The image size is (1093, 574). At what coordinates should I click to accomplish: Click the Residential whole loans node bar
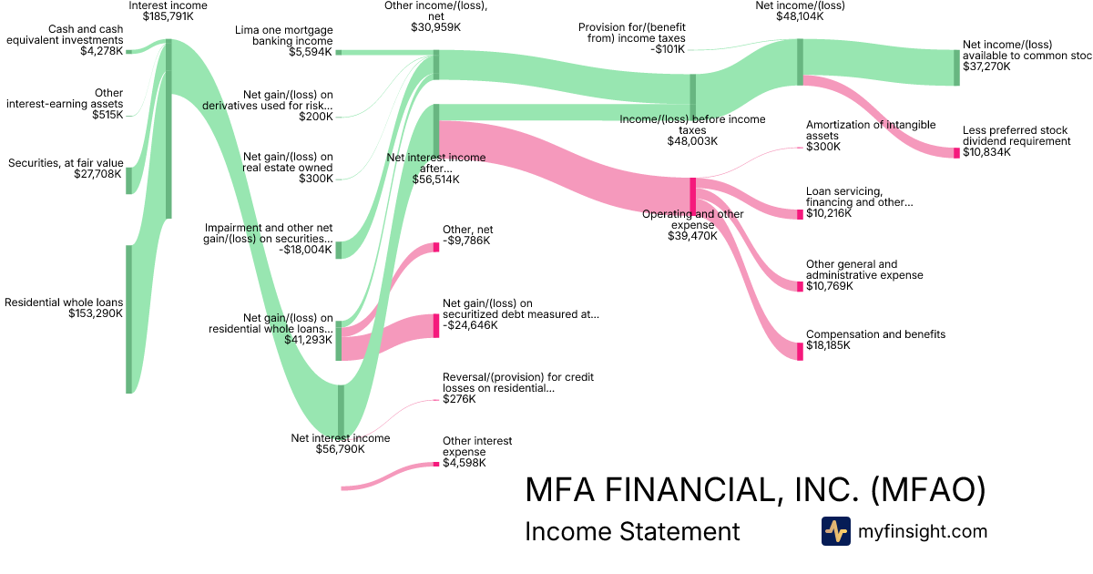tap(129, 319)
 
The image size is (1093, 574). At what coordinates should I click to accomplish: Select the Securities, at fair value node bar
tap(129, 179)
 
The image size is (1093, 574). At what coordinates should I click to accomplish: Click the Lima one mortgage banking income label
tap(285, 36)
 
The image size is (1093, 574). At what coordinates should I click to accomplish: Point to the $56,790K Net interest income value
tap(340, 448)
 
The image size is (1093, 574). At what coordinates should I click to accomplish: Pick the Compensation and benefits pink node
tap(801, 351)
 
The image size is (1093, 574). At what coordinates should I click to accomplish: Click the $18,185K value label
tap(828, 346)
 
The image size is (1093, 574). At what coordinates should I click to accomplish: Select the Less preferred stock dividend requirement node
tap(956, 152)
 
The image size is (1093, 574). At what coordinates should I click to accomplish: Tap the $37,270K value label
tap(987, 67)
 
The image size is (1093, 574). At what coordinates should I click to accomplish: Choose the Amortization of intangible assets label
tap(857, 130)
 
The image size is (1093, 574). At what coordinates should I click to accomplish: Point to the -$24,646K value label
tap(470, 325)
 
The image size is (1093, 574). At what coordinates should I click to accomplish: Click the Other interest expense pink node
tap(436, 465)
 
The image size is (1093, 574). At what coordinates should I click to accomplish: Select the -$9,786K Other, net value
tap(466, 241)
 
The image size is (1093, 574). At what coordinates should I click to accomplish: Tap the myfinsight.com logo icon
tap(835, 531)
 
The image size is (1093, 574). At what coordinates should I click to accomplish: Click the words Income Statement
tap(632, 531)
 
